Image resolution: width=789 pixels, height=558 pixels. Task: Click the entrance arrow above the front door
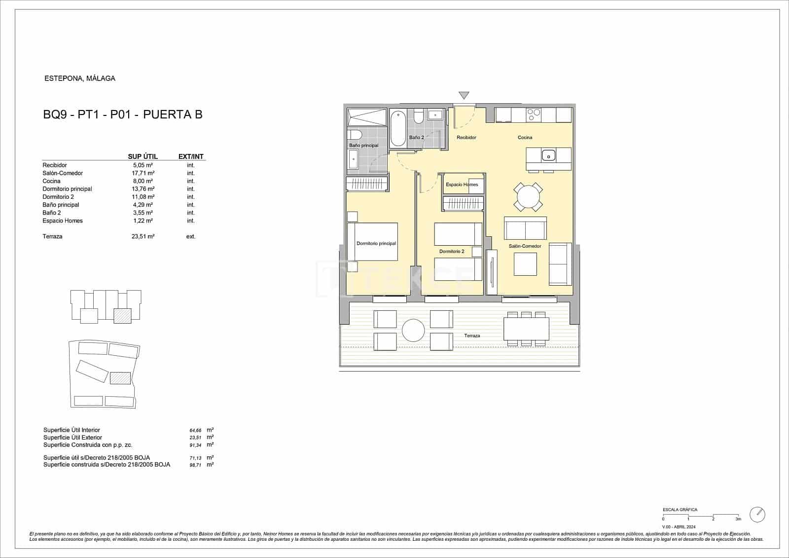point(464,95)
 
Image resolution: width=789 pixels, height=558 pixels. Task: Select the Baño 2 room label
point(416,138)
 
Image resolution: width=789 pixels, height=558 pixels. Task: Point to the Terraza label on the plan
point(472,336)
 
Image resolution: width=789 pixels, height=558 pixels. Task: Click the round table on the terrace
point(413,330)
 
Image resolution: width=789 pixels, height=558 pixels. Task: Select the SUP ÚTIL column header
point(143,156)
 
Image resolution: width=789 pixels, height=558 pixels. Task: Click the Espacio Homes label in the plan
point(462,185)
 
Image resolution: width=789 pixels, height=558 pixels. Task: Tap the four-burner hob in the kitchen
point(534,115)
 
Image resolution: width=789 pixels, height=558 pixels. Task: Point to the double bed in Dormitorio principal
point(372,242)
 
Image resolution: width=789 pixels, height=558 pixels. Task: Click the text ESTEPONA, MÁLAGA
point(80,78)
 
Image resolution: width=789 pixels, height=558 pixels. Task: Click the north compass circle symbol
point(757,515)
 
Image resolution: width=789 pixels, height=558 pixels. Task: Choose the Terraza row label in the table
point(52,237)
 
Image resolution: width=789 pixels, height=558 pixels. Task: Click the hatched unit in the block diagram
point(122,316)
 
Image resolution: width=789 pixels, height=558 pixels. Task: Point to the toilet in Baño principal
point(355,135)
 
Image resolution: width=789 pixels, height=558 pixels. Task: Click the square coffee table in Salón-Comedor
point(525,264)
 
